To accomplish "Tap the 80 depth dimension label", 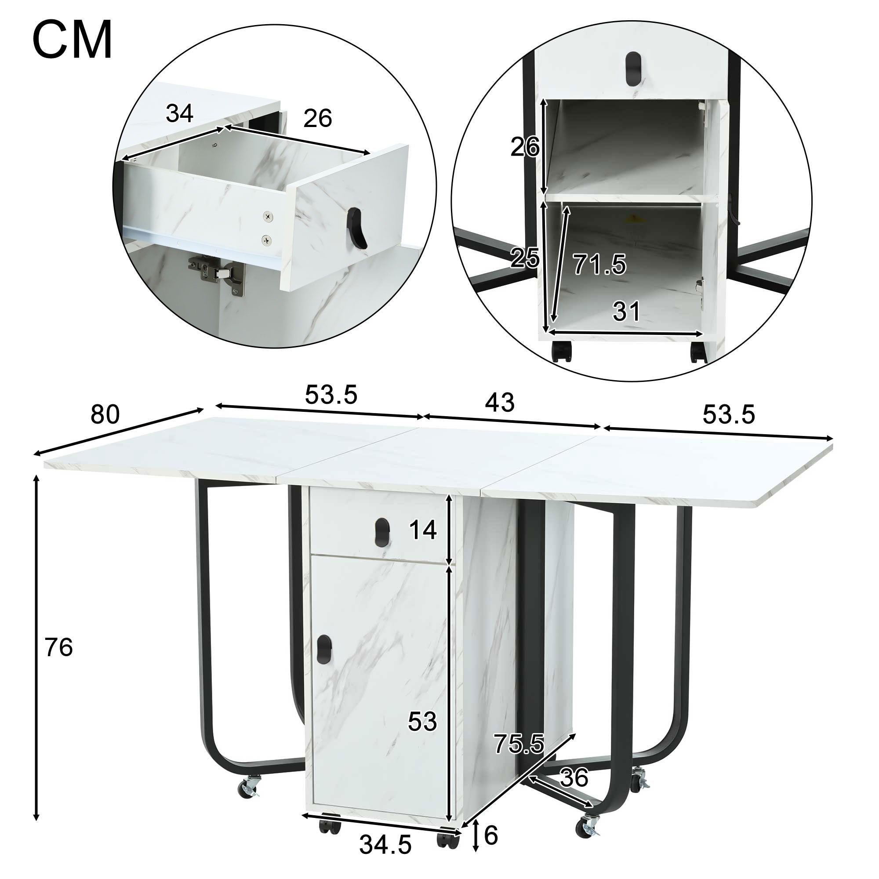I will (x=105, y=414).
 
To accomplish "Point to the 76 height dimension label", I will (x=59, y=648).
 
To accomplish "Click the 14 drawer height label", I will (x=423, y=530).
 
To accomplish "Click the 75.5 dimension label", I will (x=519, y=744).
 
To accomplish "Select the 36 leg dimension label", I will (x=574, y=778).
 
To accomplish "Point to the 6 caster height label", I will (x=491, y=835).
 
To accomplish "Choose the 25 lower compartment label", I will (x=525, y=258).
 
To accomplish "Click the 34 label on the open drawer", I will (x=180, y=113).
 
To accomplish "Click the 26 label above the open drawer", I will (x=318, y=118).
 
